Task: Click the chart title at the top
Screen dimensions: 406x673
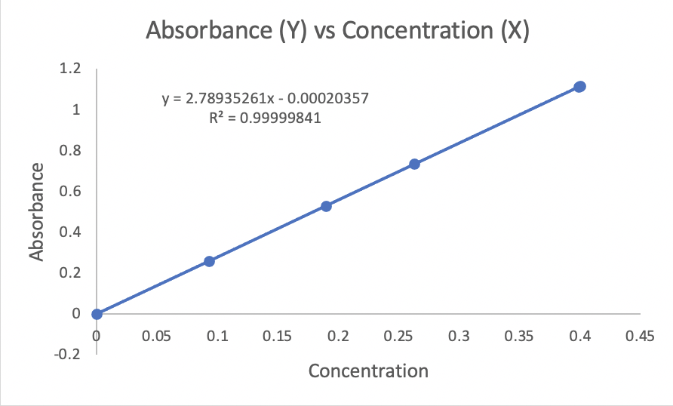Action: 336,32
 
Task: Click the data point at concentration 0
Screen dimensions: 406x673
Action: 97,314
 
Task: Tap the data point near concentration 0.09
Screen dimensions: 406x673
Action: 209,261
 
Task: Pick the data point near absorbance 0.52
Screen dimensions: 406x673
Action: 326,206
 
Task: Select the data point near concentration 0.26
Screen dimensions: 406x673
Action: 414,164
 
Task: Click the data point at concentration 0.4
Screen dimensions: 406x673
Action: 579,87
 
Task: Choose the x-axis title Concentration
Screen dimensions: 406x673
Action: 368,371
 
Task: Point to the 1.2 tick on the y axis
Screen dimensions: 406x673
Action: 70,69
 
